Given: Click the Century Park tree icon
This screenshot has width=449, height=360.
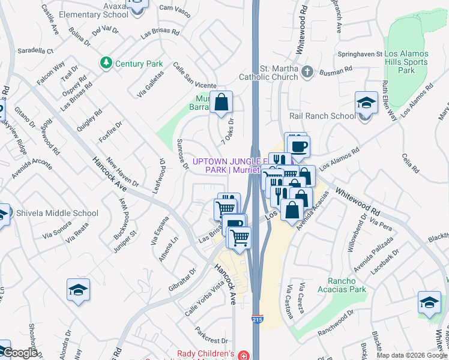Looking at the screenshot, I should click(x=106, y=62).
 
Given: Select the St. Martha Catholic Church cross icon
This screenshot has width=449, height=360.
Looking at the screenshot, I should click(x=307, y=73).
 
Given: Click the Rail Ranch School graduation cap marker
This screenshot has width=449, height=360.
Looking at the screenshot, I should click(x=366, y=103).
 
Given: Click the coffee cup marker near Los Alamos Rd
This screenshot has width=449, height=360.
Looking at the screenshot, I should click(x=298, y=145).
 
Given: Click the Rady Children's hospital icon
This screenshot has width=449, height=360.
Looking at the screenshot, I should click(x=243, y=355).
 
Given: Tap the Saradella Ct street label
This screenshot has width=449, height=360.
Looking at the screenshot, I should click(x=35, y=51).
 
